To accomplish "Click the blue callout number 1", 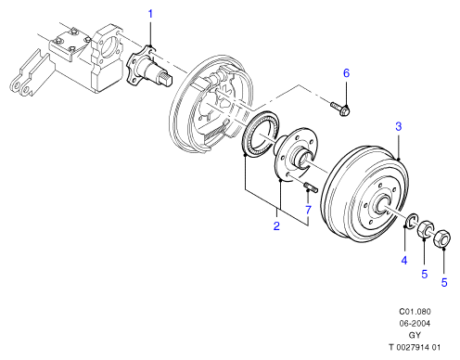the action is point(150,14).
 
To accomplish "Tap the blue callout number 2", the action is point(276,226).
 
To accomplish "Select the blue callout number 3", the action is point(399,126).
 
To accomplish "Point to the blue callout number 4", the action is point(404,261).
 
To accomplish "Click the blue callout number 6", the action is point(346,73).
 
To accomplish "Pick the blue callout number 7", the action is point(308,211).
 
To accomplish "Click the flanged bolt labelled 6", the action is point(340,109).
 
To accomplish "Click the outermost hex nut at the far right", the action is point(442,238).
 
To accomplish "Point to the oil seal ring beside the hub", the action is point(261,134).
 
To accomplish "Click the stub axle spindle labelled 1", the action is point(149,69).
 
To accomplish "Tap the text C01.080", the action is point(415,312).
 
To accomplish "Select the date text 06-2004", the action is point(415,324).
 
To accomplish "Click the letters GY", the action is point(415,335).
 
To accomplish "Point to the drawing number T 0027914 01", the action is point(415,347).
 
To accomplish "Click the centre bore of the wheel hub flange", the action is point(304,158).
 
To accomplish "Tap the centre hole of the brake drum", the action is point(382,205).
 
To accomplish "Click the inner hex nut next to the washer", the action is point(426,229).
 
